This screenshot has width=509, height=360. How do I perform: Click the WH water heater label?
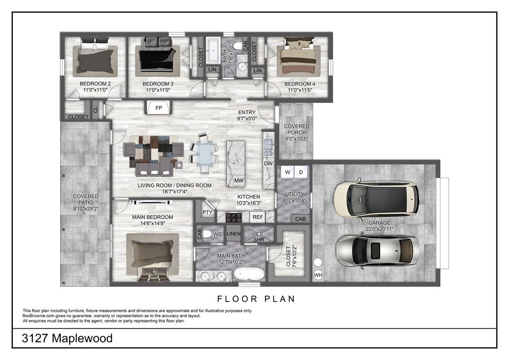[x=318, y=275]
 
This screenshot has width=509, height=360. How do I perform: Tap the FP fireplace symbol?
[x=159, y=107]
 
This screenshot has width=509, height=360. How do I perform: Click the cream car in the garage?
[x=376, y=199]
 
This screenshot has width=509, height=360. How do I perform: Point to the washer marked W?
[x=288, y=173]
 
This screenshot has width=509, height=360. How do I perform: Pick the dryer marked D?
[x=301, y=173]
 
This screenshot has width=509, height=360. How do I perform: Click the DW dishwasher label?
[x=268, y=163]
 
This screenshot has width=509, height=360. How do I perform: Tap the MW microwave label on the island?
[x=239, y=180]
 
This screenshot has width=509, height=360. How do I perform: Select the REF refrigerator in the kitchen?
[x=258, y=217]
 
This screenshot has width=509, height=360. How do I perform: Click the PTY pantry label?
[x=207, y=212]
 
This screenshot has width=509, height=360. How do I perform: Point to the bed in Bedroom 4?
[x=298, y=56]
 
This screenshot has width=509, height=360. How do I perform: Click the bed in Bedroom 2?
[x=95, y=57]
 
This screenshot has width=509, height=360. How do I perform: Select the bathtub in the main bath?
[x=250, y=274]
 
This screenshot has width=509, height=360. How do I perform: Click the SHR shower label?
[x=258, y=240]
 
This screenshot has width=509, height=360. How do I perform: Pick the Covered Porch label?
[x=296, y=129]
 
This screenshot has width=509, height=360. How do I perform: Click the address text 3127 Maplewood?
[x=67, y=338]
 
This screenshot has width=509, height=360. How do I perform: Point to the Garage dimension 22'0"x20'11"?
[x=379, y=229]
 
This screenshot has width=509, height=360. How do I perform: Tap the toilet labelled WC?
[x=208, y=234]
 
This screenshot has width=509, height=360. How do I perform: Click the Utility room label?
[x=294, y=194]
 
